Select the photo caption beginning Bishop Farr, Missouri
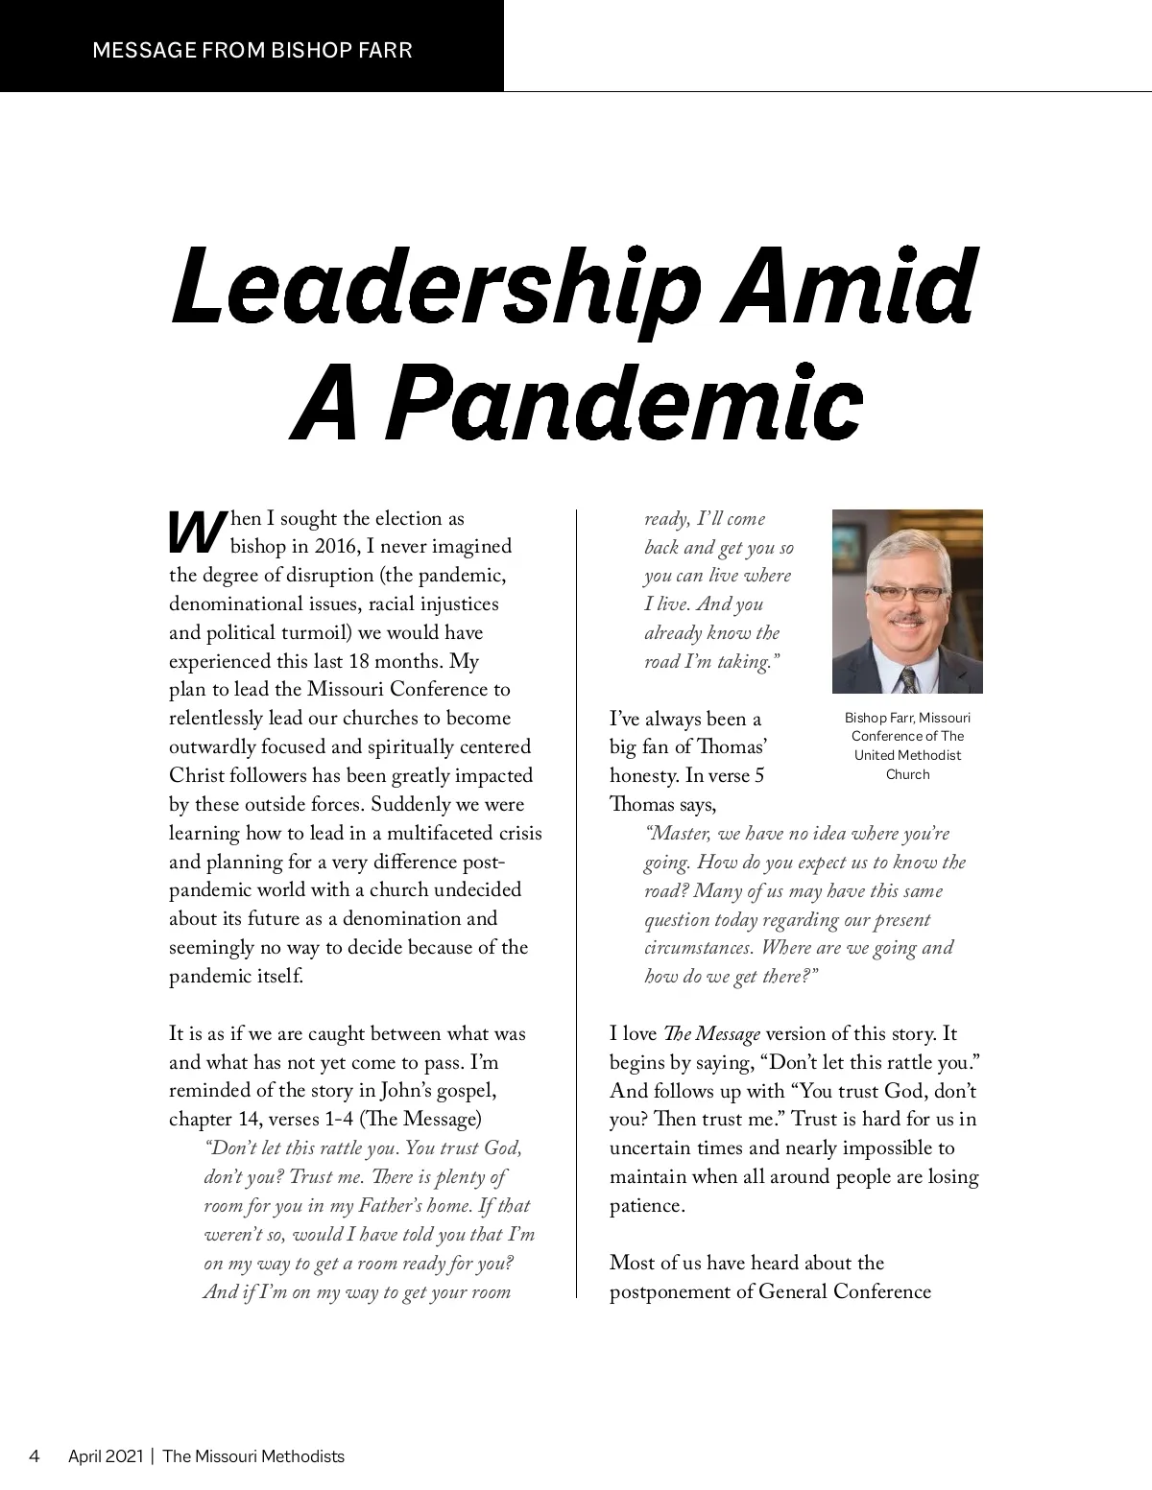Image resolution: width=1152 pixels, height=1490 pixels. click(907, 745)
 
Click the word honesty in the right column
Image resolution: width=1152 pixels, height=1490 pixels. click(643, 775)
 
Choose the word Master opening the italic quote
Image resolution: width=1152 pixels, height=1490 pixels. click(679, 833)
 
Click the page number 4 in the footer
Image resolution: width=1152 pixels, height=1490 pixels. click(35, 1456)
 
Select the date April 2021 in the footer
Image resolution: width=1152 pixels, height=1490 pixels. click(105, 1456)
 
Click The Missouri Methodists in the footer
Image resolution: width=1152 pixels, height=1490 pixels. click(253, 1456)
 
